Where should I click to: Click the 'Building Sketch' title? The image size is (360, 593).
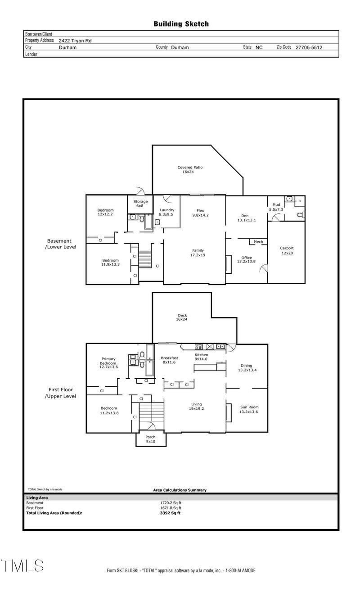181,24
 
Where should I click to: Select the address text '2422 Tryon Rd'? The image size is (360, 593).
75,41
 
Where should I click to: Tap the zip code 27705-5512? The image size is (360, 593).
309,47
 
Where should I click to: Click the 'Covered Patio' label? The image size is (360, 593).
189,169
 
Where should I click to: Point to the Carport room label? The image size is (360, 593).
286,250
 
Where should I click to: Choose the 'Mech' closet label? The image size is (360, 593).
258,242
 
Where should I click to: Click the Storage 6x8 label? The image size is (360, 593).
140,204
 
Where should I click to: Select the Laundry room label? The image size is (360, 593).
166,212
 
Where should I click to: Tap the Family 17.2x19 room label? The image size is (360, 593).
198,253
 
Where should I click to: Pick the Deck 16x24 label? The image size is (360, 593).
182,317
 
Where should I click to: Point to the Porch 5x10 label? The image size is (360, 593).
150,439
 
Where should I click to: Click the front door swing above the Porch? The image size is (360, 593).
150,426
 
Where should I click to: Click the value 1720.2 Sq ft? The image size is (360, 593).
171,502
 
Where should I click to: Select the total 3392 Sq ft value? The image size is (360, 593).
170,512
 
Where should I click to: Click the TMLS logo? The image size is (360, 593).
22,566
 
